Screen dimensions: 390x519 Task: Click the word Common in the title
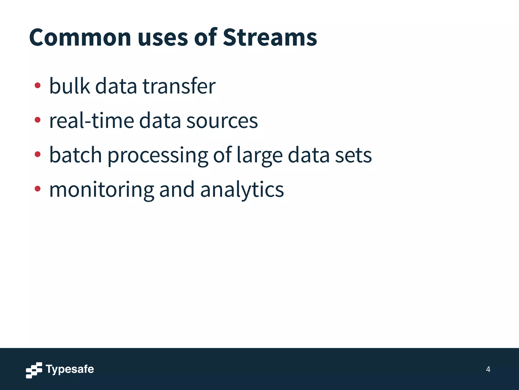coord(80,37)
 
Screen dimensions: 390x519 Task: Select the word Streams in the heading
coord(270,37)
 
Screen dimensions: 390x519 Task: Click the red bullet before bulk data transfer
coord(38,85)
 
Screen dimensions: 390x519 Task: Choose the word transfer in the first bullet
coord(179,86)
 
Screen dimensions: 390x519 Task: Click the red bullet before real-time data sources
coord(38,120)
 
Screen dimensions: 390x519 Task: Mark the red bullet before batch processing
coord(38,154)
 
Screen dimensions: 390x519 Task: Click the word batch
coord(76,155)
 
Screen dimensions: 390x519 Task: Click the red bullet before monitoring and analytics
coord(38,188)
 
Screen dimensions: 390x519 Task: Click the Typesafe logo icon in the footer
coord(34,370)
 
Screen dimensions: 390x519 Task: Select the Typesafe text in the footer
coord(70,369)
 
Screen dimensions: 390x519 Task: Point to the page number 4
coord(488,369)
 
